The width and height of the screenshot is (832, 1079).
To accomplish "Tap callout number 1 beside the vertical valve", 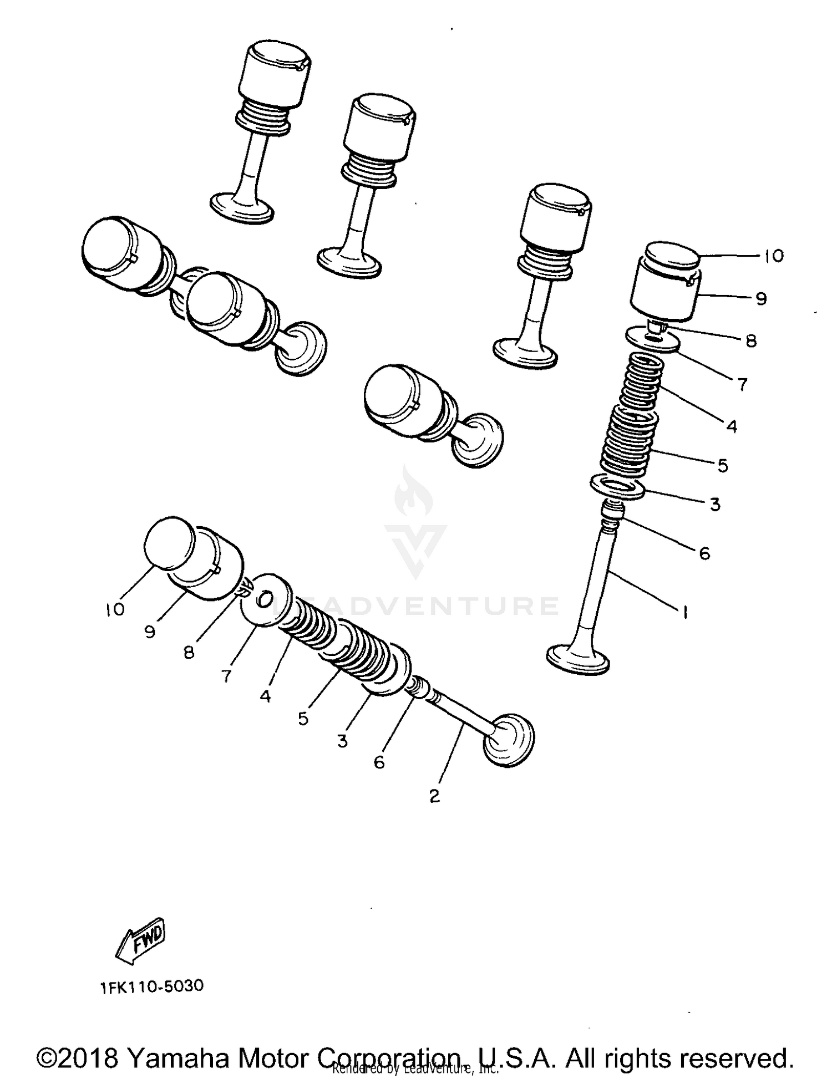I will (686, 612).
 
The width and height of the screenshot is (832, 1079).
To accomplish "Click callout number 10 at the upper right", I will (773, 256).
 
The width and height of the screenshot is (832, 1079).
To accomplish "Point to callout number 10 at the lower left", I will (115, 610).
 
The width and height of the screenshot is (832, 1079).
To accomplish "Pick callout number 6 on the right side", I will (704, 553).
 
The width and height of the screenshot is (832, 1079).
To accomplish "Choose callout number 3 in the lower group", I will (342, 741).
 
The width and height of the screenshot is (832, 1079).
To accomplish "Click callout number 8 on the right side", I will (751, 340).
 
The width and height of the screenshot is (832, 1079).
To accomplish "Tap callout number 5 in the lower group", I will (303, 719).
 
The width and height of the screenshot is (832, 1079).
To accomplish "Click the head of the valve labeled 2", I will (509, 740).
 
